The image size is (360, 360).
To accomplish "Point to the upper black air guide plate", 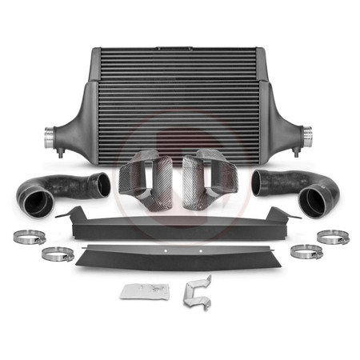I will point(180,225).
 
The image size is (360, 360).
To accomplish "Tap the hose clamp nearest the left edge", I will point(28,238).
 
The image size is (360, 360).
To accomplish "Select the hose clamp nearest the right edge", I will point(332,238).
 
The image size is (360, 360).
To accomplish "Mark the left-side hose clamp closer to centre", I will point(58,254).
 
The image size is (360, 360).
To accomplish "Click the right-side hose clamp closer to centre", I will point(305,252).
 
